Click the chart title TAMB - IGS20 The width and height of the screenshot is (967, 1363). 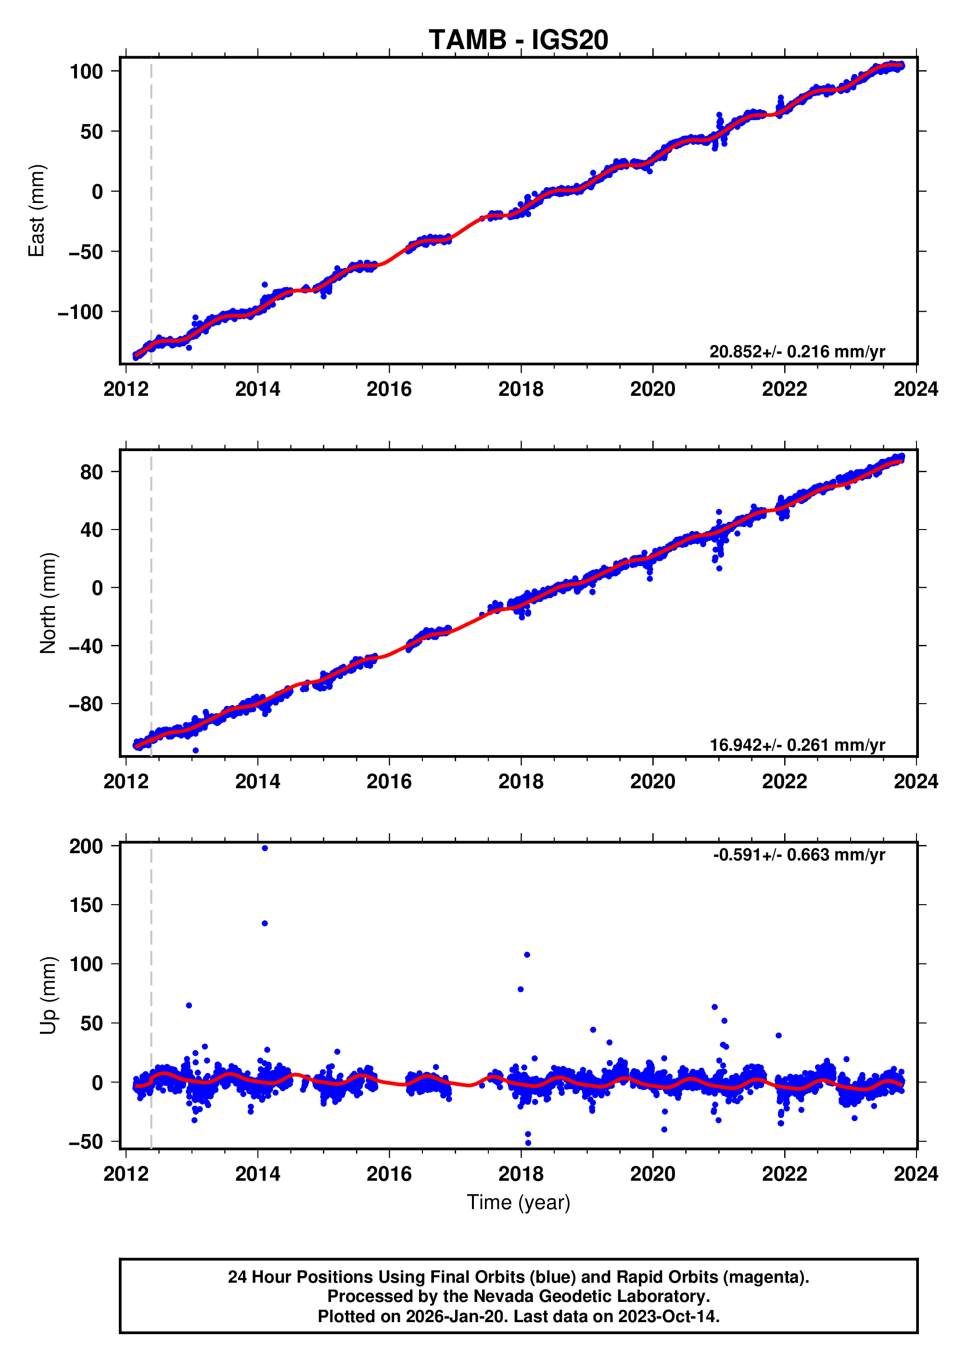click(518, 40)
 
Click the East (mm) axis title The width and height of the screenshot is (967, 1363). click(37, 211)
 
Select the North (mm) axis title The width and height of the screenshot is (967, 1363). click(48, 604)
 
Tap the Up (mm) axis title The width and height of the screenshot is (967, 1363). click(48, 996)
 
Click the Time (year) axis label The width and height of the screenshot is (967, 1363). click(518, 1203)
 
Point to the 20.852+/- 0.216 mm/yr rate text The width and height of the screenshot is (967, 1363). click(797, 352)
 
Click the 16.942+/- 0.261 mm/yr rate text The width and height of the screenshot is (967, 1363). click(797, 745)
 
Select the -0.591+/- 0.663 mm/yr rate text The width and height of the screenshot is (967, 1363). click(799, 855)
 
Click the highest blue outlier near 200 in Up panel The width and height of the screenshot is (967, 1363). click(265, 848)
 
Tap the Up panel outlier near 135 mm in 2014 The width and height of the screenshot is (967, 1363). click(265, 924)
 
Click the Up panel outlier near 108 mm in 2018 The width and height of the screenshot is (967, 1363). click(527, 955)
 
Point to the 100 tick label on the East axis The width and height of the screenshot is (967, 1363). click(86, 72)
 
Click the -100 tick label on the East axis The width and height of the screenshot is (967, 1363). click(80, 312)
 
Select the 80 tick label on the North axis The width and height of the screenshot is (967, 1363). click(91, 472)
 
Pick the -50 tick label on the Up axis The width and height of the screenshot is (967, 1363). click(86, 1142)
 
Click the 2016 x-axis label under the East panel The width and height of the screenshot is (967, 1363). click(389, 389)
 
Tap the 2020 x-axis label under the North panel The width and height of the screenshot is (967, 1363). click(653, 782)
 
